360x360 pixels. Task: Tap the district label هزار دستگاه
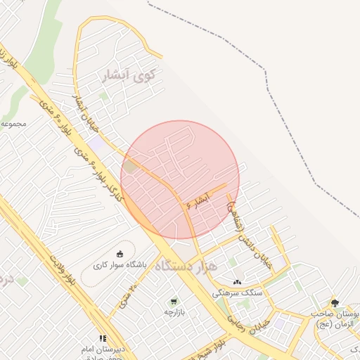point(186,266)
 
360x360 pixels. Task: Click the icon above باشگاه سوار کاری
point(120,253)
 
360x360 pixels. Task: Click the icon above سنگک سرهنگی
point(236,281)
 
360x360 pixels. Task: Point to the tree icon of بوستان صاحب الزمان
point(335,303)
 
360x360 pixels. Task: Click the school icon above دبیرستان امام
point(103,338)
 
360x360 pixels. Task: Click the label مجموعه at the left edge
point(13,123)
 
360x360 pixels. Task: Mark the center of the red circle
point(180,179)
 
